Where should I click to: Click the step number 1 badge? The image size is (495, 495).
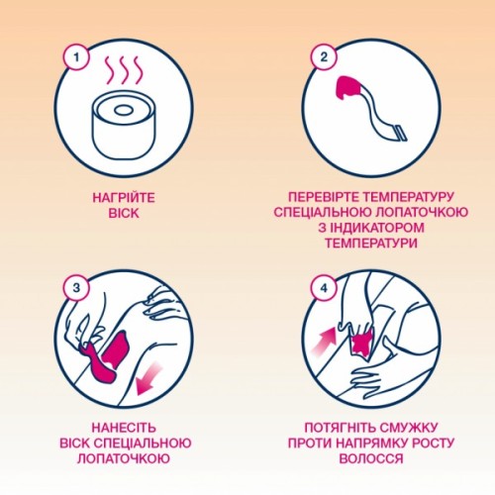(70, 56)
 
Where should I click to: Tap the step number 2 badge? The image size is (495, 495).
(322, 56)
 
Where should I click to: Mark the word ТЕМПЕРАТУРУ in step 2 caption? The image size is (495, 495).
(416, 196)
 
